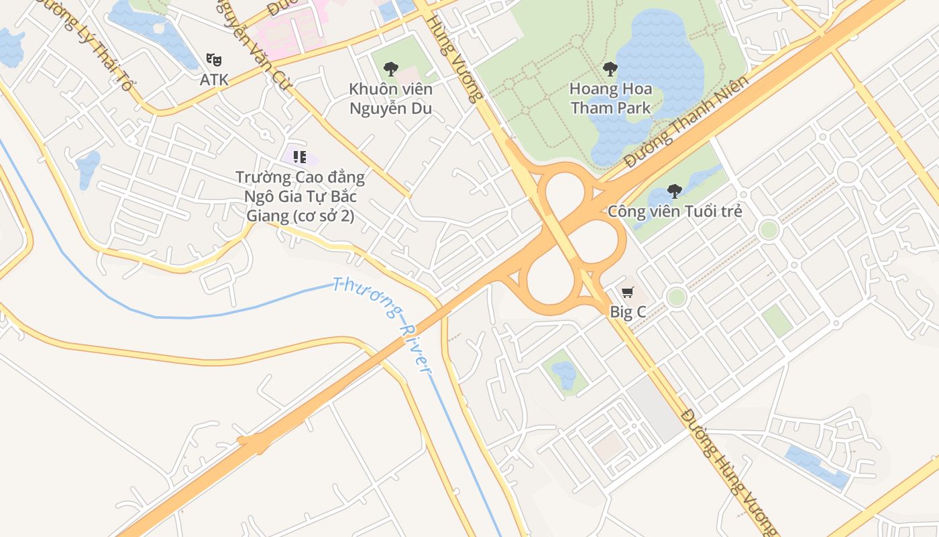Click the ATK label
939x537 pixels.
pos(214,79)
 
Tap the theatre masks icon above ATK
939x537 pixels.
pos(214,59)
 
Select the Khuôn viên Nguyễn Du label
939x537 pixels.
pos(390,99)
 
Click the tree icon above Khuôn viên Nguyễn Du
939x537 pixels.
pos(390,68)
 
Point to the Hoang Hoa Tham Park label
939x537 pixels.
pos(610,98)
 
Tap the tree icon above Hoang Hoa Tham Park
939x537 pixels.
pos(610,68)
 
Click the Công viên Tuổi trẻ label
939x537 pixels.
pos(675,211)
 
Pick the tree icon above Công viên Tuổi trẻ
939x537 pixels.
pos(675,191)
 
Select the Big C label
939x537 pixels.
pos(628,311)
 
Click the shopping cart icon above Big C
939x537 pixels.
pos(627,292)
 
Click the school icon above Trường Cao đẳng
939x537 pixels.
pos(300,157)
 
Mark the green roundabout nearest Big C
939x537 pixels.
pos(677,297)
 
